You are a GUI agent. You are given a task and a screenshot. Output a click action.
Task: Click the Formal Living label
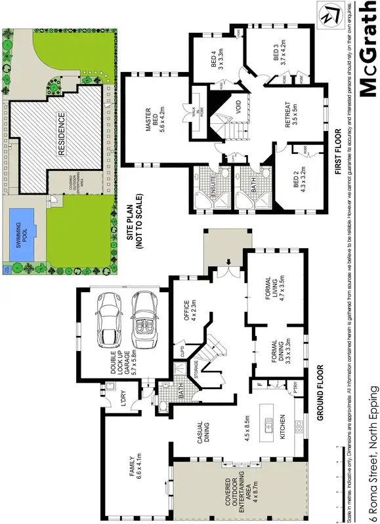click(x=272, y=283)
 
